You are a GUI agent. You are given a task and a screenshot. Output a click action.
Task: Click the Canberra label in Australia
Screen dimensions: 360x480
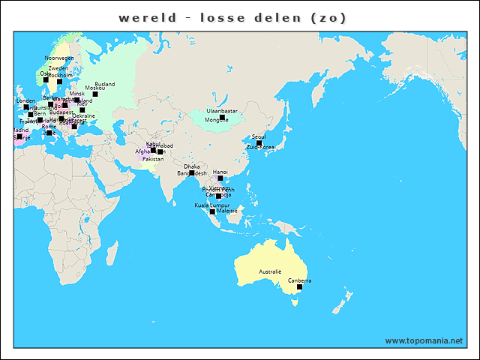click(299, 280)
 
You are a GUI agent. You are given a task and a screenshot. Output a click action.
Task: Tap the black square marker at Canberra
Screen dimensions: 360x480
click(299, 287)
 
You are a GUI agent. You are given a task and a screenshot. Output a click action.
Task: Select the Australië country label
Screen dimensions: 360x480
click(270, 270)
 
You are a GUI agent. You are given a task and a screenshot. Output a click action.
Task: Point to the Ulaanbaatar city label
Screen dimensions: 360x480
click(222, 111)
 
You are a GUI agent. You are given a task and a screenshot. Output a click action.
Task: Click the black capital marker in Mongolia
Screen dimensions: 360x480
click(222, 118)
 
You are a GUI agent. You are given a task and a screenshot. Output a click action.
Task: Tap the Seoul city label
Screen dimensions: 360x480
click(259, 136)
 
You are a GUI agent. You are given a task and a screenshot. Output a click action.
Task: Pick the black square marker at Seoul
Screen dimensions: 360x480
click(259, 142)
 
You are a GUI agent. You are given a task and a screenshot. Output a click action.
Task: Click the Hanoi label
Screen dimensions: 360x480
click(220, 172)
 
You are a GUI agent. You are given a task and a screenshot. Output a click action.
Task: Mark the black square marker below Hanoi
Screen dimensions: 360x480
click(220, 178)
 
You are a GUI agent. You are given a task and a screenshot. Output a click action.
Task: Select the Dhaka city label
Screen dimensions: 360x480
click(191, 166)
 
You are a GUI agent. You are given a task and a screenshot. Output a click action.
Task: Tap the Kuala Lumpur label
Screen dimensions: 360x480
click(211, 205)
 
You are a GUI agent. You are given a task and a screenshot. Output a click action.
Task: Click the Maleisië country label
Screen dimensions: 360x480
click(226, 211)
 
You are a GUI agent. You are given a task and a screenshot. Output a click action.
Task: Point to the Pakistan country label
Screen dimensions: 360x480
click(153, 159)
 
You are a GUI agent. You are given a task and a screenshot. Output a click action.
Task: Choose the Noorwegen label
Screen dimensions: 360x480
click(59, 58)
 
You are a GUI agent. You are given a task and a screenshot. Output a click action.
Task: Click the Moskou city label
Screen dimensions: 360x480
click(95, 88)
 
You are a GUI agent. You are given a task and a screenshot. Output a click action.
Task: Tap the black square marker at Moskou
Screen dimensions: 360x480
click(95, 94)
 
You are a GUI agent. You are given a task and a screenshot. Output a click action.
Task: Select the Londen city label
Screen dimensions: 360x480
click(25, 100)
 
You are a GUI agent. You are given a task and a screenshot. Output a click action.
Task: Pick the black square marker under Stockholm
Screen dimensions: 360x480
click(60, 81)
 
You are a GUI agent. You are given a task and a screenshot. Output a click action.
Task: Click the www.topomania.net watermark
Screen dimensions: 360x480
click(424, 340)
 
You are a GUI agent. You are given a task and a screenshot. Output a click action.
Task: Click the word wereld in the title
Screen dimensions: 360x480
click(148, 17)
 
